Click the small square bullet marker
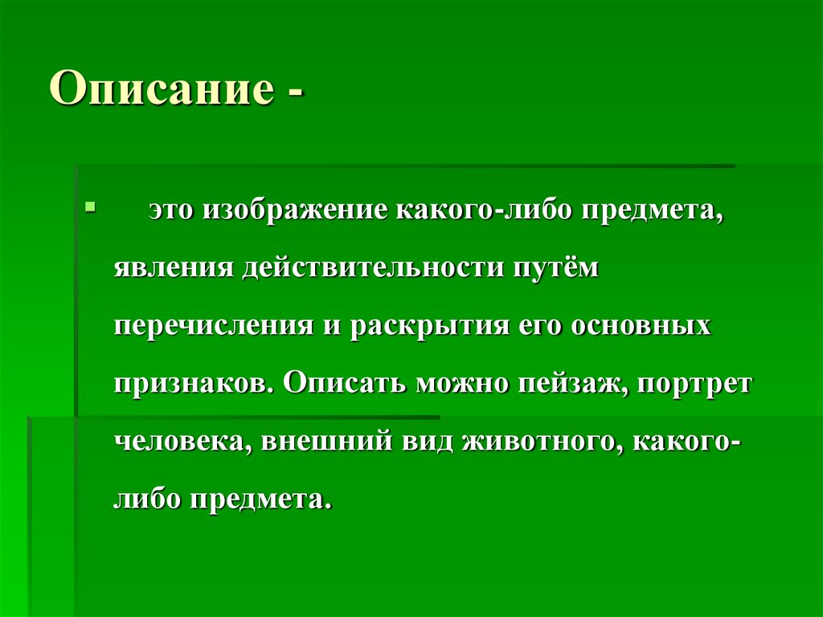(x=90, y=207)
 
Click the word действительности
(x=365, y=269)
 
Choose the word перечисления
(x=212, y=327)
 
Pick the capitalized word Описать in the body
(x=344, y=384)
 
